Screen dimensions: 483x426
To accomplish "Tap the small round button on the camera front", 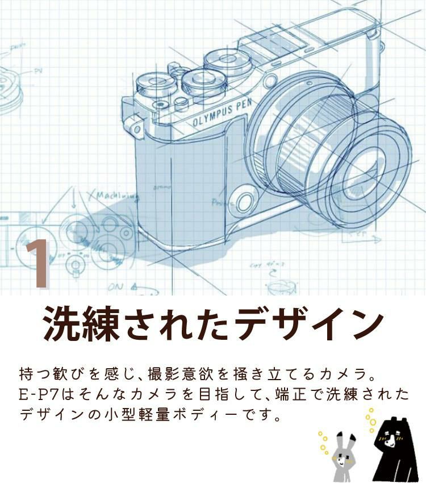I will pos(246,200).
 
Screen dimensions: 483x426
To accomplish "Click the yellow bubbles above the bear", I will pos(372,420).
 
